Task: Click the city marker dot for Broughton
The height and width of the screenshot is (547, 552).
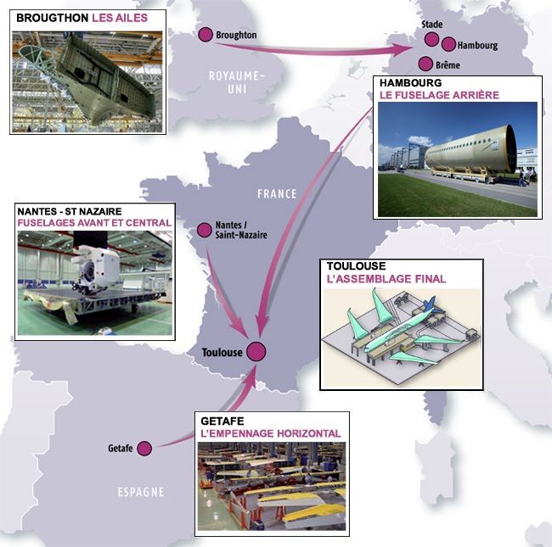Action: pos(205,35)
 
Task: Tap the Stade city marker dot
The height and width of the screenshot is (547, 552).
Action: pos(431,39)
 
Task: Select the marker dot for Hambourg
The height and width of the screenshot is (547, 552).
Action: pos(448,44)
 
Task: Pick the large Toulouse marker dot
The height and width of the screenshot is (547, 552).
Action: pos(256,352)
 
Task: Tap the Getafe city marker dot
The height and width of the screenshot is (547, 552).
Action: pos(144,448)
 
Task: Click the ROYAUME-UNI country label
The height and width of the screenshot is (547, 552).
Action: pos(237,82)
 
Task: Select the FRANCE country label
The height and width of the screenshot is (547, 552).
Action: pos(278,193)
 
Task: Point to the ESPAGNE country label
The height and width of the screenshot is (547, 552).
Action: pos(142,492)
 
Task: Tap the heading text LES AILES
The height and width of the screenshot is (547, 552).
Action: pos(120,17)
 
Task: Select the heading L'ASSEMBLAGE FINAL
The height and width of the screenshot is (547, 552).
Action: pos(386,278)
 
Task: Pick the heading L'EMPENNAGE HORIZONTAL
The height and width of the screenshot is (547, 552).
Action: pos(271,433)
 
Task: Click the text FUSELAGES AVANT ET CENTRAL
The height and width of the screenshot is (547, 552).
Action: pos(94,223)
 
